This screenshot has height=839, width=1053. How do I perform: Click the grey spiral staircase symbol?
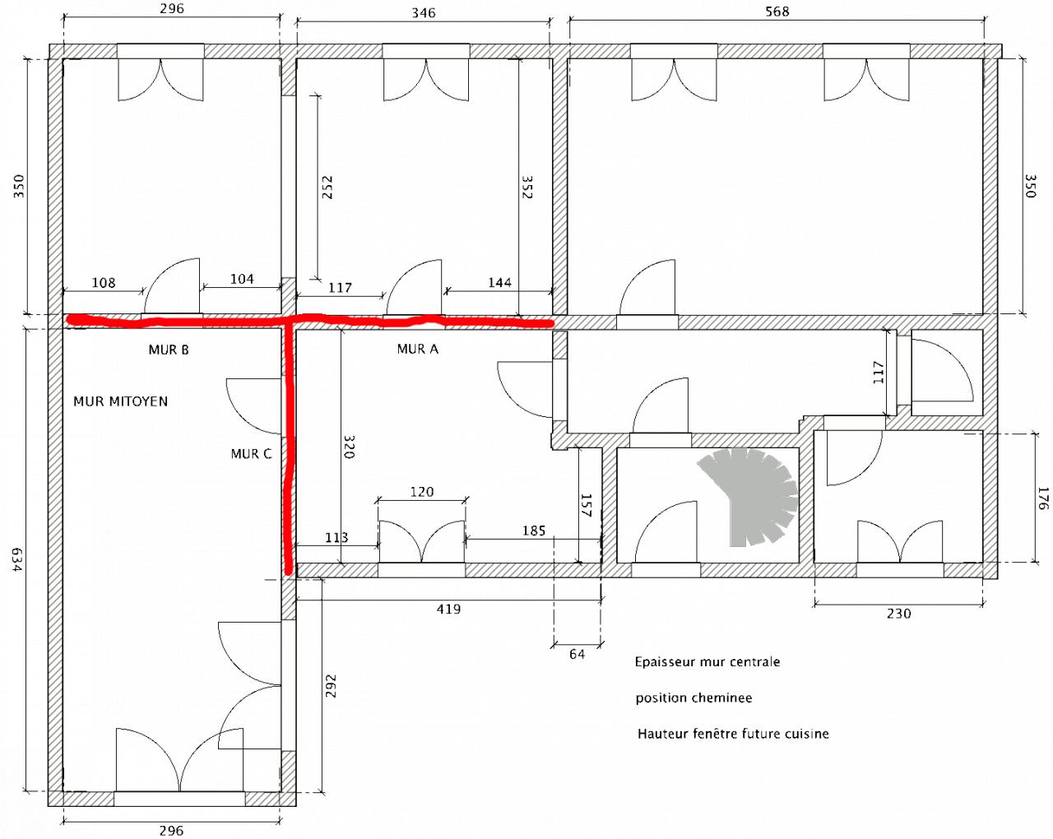749,497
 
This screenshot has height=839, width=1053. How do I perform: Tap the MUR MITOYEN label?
121,401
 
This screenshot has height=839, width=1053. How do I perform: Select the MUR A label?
418,349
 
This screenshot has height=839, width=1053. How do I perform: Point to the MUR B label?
169,350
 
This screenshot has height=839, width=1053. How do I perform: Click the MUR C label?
251,454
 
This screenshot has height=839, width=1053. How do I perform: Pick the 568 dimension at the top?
777,12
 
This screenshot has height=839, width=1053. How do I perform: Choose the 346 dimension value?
423,12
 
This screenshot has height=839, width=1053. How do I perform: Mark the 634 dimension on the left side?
17,559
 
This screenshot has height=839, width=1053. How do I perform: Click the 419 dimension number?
448,609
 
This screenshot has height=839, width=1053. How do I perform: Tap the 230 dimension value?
899,614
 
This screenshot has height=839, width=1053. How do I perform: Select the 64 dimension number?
578,654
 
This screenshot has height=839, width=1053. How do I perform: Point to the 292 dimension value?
332,686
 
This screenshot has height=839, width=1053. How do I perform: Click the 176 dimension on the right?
1042,498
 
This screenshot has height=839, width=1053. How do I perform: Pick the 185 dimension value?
534,531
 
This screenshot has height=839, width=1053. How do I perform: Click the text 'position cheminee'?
693,698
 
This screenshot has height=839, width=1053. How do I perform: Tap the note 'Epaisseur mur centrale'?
707,662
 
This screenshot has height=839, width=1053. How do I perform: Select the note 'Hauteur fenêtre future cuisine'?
733,734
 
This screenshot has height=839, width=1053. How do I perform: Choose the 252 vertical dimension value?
327,188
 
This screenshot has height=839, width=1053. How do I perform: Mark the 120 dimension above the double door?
422,492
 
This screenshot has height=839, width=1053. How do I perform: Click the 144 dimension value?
499,282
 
